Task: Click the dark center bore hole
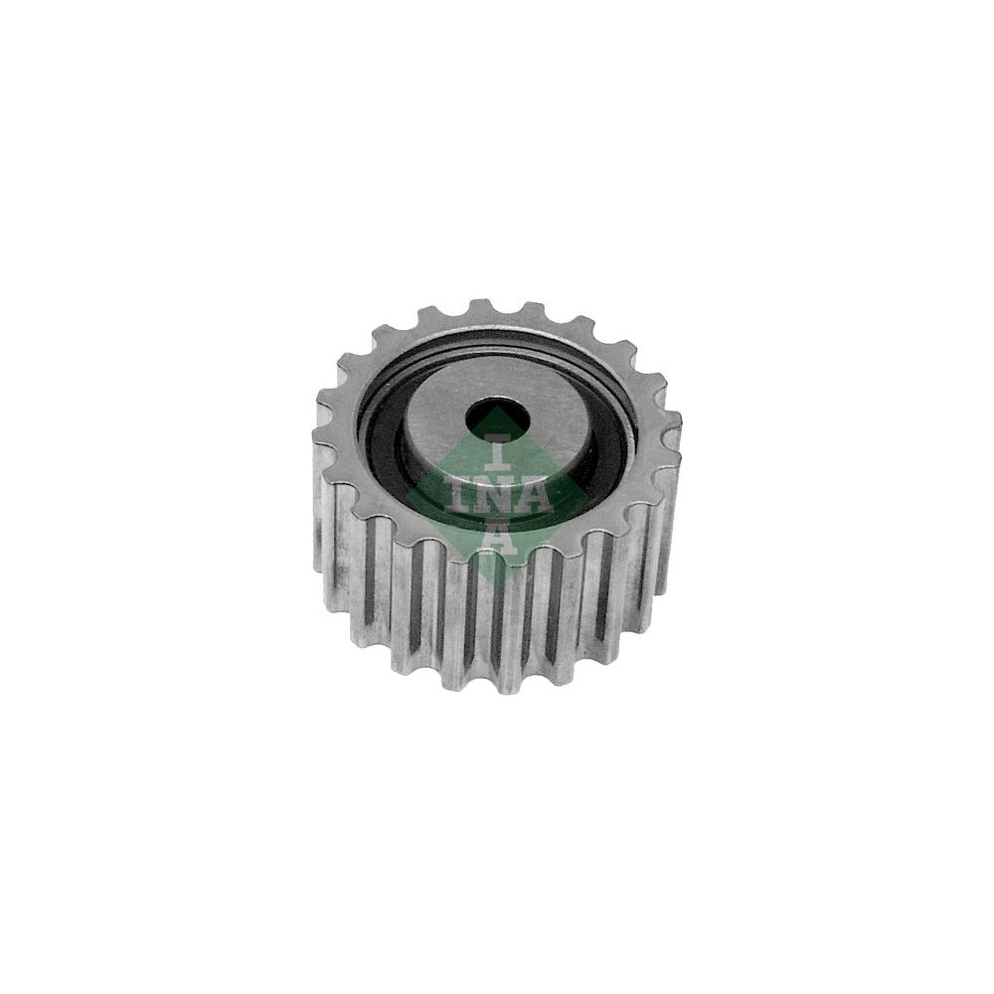pos(498,417)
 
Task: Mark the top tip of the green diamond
pos(498,407)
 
